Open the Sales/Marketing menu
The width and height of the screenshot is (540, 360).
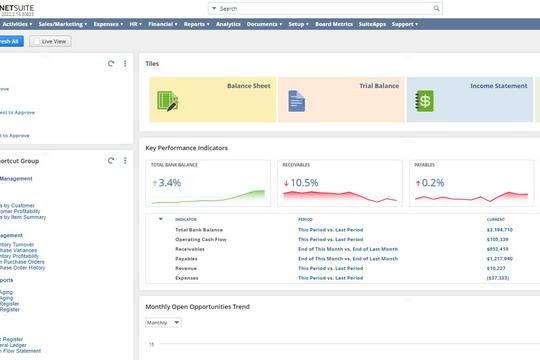[61, 22]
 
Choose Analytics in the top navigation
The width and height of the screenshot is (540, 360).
[228, 22]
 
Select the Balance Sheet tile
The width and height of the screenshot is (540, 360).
[207, 99]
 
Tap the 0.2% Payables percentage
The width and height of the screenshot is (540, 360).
[432, 183]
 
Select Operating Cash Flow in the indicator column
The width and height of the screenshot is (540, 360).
[201, 239]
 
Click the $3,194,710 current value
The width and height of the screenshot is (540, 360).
[501, 230]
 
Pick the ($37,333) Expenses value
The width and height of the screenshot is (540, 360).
[499, 277]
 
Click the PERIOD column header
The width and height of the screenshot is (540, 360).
[306, 219]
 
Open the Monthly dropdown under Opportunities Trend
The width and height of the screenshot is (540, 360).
[163, 323]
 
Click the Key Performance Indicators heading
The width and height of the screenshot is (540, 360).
[186, 147]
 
